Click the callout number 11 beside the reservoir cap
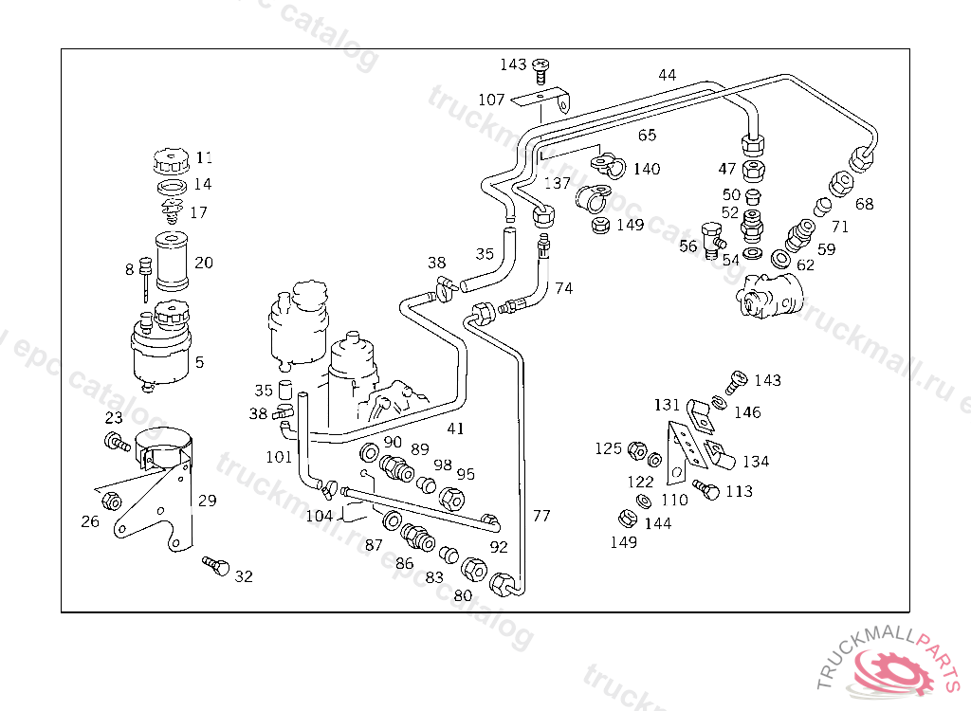point(205,157)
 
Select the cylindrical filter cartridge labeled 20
point(173,262)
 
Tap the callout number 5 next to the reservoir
point(199,362)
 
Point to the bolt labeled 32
point(217,567)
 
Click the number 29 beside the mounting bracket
point(207,501)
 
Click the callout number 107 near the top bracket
point(491,100)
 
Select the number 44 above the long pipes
point(668,75)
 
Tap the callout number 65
point(648,135)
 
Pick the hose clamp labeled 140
point(608,165)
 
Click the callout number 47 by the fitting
point(727,169)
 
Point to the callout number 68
point(865,204)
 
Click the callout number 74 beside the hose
point(564,287)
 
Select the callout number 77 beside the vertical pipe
point(541,516)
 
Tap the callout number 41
point(456,428)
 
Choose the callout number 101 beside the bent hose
point(279,456)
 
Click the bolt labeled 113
point(705,488)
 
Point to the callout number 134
point(756,462)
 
